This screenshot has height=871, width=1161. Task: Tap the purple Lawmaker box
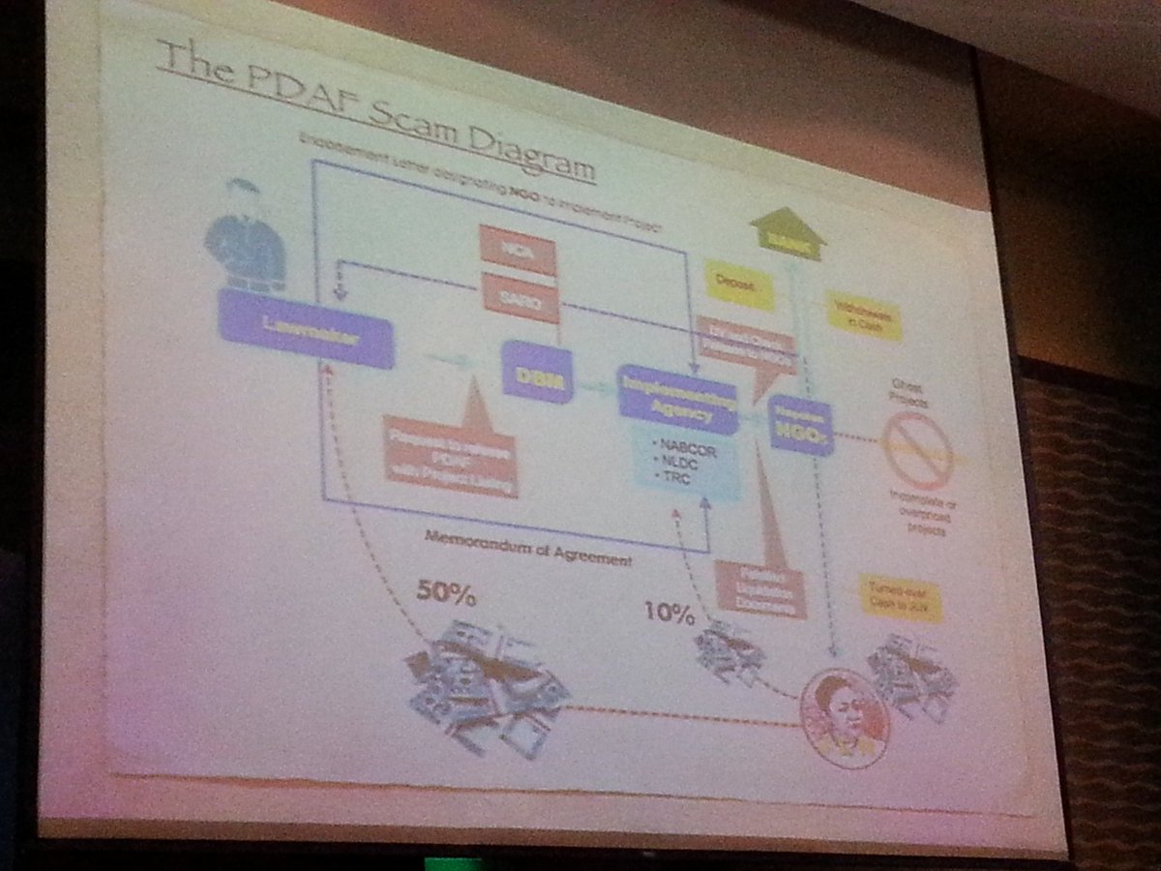pyautogui.click(x=306, y=329)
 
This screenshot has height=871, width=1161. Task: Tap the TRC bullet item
pyautogui.click(x=672, y=478)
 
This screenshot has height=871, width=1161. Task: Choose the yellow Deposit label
pyautogui.click(x=739, y=285)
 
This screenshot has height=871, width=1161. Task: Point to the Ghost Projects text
pyautogui.click(x=907, y=398)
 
